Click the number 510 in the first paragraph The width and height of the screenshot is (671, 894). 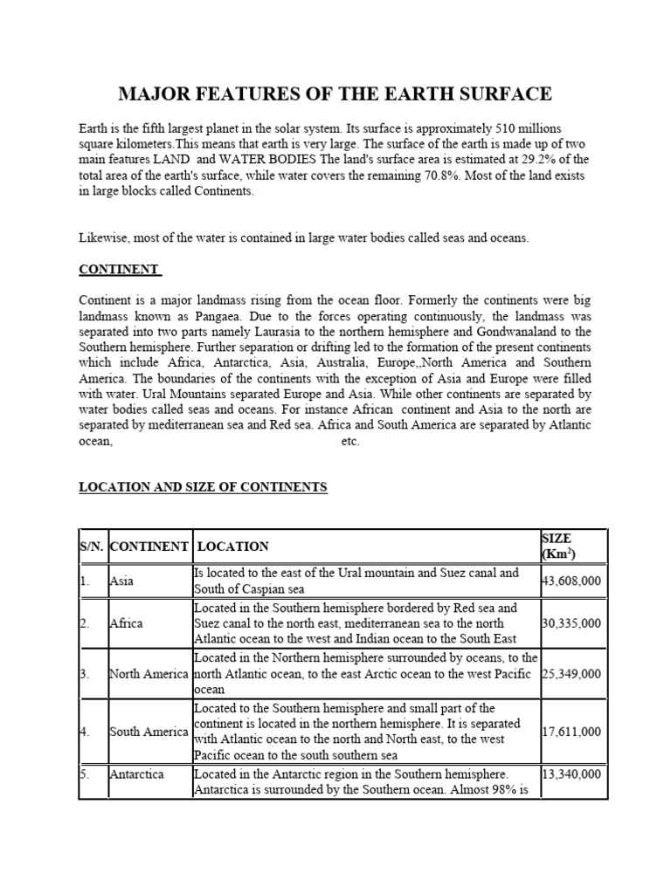500,127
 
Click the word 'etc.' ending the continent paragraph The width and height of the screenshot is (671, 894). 349,442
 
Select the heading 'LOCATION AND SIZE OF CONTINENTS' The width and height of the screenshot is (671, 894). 203,487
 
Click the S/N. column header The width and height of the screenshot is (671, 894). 91,547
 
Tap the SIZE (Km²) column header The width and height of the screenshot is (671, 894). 559,547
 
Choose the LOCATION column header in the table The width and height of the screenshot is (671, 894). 233,547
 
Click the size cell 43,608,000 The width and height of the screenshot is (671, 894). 571,581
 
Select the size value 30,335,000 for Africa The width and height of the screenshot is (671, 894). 571,623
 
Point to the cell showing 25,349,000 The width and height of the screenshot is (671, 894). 571,673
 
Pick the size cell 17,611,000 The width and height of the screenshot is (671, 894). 571,732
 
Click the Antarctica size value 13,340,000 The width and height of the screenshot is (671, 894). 571,774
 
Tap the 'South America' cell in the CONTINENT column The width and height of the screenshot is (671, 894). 149,732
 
